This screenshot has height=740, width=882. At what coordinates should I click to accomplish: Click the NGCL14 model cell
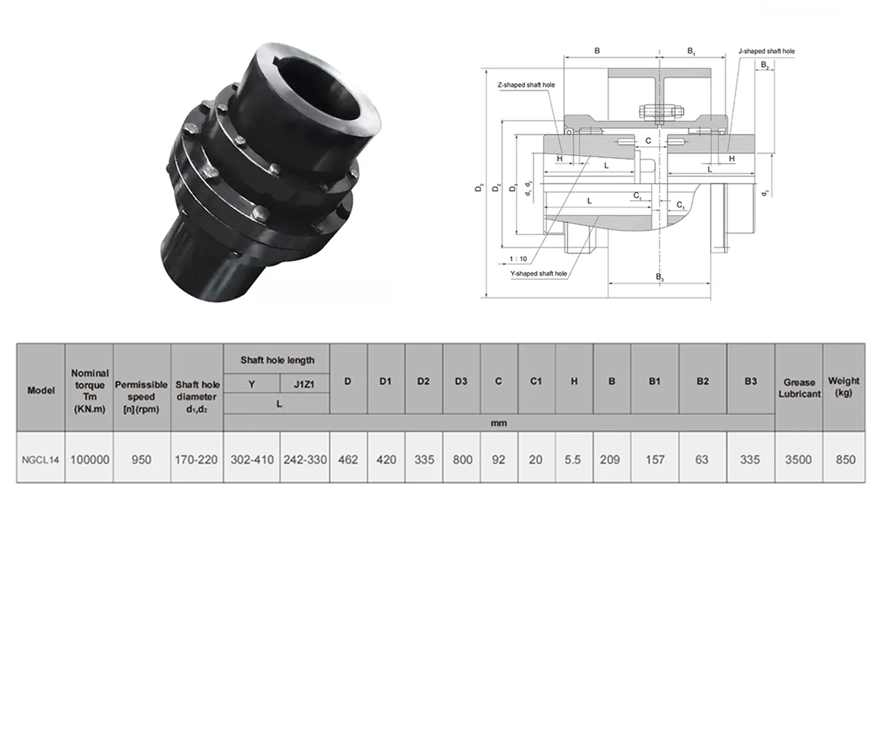click(x=41, y=459)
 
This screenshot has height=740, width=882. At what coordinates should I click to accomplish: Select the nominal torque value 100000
click(x=89, y=459)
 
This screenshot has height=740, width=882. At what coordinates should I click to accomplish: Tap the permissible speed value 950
click(x=141, y=459)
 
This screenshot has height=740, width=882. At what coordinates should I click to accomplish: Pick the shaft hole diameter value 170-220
click(x=196, y=459)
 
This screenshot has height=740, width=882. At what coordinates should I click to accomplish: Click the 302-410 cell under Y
click(x=252, y=459)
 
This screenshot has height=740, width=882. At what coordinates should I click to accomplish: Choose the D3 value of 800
click(x=462, y=459)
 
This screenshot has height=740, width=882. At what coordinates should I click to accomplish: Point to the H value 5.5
click(x=573, y=459)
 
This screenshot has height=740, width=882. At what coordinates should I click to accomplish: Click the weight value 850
click(x=845, y=459)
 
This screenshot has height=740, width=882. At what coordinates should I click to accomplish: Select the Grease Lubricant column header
click(x=799, y=388)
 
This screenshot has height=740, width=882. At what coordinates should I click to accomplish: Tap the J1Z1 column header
click(x=304, y=384)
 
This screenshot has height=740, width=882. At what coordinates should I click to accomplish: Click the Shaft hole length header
click(x=277, y=360)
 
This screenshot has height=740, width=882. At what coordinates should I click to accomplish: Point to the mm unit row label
click(x=498, y=423)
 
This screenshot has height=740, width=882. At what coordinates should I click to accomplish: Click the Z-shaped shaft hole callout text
click(x=526, y=85)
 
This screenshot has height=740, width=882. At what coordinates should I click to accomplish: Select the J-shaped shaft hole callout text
click(x=767, y=51)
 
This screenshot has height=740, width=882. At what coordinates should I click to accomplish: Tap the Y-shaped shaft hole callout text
click(x=538, y=273)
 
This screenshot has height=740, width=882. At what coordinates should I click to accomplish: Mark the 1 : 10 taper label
click(x=518, y=259)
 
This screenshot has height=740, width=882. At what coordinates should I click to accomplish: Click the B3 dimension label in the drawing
click(x=659, y=277)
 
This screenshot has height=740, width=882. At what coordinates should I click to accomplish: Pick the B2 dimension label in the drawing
click(x=765, y=65)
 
